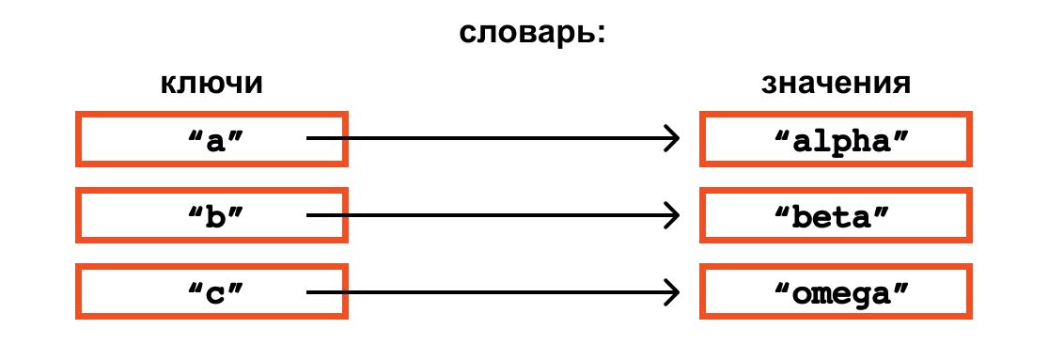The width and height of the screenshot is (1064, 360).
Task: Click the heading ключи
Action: click(211, 84)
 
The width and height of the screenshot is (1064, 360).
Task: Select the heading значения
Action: click(836, 84)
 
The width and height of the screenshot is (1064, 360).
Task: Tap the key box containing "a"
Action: click(212, 138)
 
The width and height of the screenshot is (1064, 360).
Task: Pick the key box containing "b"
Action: click(212, 215)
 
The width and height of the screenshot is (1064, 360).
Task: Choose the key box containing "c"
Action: click(212, 292)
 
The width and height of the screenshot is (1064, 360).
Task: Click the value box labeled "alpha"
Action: click(836, 138)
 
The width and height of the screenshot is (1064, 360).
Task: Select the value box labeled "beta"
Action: click(836, 215)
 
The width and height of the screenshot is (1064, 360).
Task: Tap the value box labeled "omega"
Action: click(836, 292)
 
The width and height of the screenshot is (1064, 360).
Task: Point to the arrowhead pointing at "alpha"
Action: click(673, 138)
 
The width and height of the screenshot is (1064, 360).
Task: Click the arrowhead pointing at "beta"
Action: click(673, 215)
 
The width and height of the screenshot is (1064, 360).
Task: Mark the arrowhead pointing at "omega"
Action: click(673, 292)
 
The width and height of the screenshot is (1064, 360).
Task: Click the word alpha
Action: click(841, 140)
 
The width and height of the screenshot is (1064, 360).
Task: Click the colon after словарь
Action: click(598, 37)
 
